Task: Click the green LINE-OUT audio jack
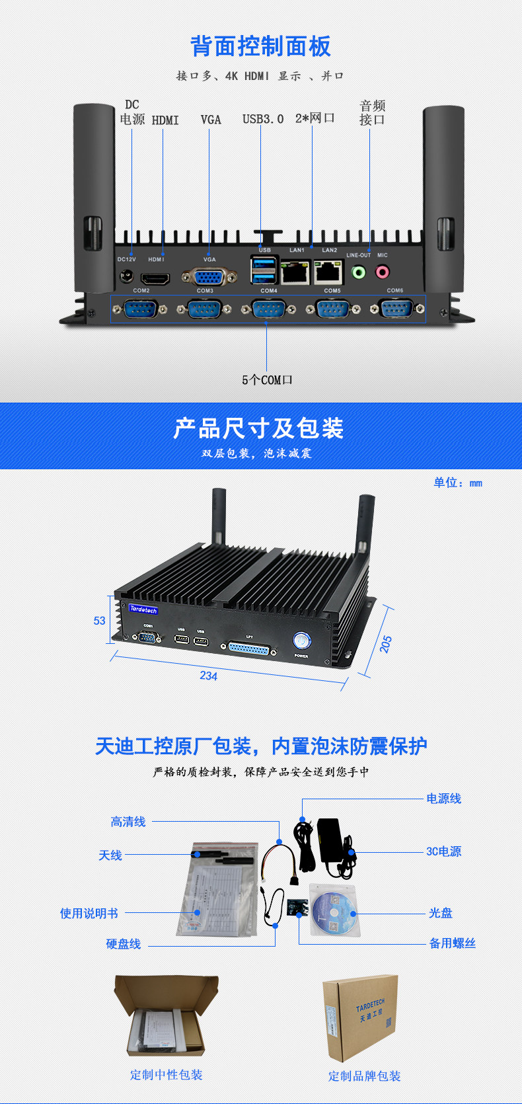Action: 359,272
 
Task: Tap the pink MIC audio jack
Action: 383,272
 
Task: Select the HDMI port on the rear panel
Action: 156,278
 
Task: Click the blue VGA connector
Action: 209,277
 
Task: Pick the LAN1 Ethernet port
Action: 295,272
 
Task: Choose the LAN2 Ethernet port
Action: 328,272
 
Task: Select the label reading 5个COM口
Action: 267,380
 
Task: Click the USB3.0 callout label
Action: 262,120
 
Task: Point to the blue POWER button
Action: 301,640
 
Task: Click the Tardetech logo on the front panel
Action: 143,609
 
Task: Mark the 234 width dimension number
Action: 209,676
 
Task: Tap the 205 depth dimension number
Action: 386,644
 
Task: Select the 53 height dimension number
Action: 100,621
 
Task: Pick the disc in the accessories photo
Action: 334,913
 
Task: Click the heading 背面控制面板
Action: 261,46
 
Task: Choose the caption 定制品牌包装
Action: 365,1076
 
